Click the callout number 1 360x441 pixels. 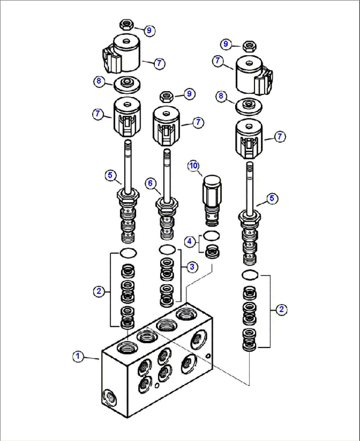78,356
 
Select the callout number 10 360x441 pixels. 194,166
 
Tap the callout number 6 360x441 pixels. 150,183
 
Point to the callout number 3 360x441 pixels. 192,267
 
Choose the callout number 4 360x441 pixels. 189,242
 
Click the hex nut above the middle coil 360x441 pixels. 166,97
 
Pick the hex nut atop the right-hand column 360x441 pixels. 249,46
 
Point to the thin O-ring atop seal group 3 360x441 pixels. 167,250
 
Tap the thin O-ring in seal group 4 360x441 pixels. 211,236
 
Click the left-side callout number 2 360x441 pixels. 99,291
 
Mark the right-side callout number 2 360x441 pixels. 281,309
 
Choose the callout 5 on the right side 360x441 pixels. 272,198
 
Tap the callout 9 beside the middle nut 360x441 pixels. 189,94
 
